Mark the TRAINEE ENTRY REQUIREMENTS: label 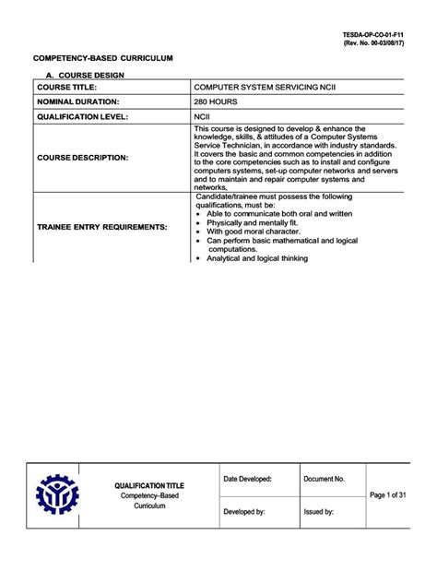(x=102, y=226)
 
